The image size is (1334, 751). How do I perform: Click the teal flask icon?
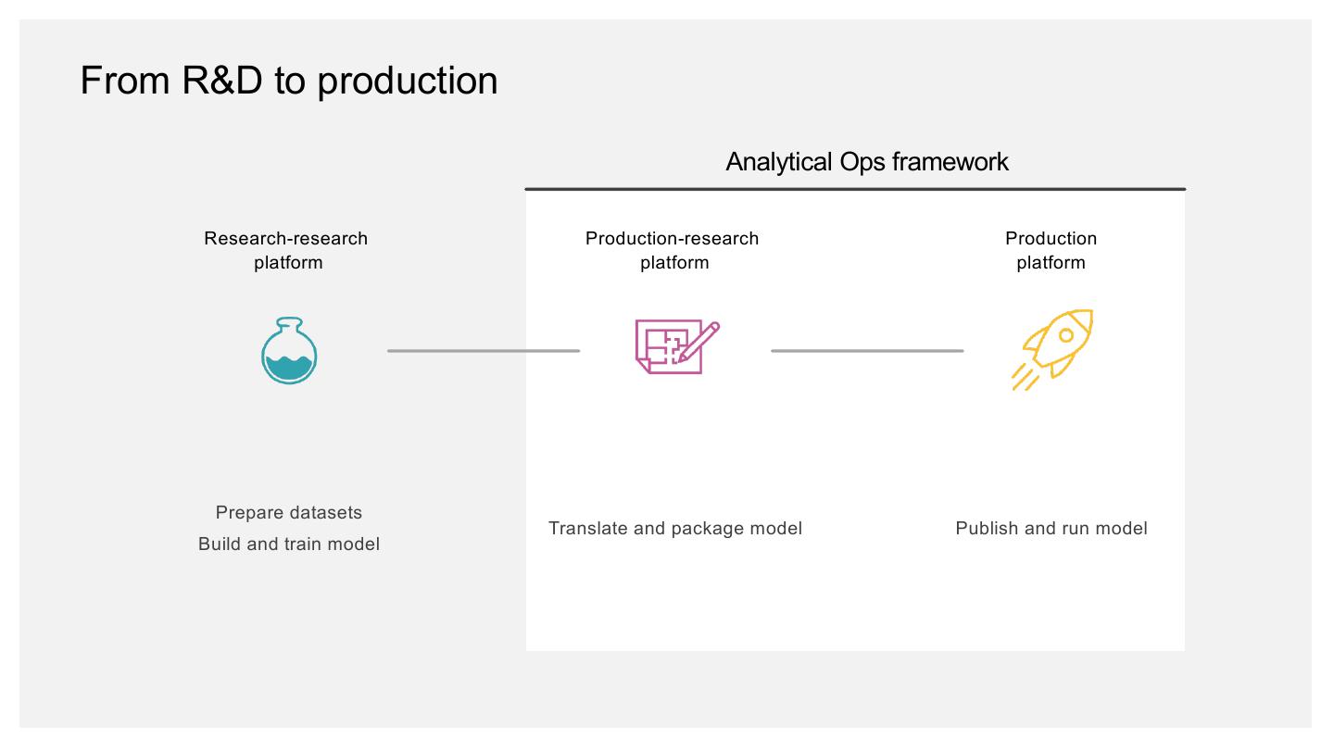click(x=289, y=351)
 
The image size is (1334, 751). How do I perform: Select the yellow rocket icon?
click(x=1052, y=349)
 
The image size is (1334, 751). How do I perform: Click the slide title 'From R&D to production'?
click(x=289, y=81)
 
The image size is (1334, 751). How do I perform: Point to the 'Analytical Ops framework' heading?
click(x=867, y=162)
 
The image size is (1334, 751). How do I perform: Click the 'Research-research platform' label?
click(x=286, y=250)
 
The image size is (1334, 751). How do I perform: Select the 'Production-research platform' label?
click(x=673, y=250)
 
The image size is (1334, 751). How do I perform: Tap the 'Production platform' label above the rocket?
click(x=1051, y=250)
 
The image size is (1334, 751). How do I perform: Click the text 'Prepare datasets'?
click(x=289, y=513)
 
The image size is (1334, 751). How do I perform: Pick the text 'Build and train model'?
click(x=289, y=544)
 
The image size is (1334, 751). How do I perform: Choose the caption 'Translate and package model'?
click(x=675, y=529)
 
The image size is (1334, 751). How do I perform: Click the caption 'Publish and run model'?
click(x=1051, y=529)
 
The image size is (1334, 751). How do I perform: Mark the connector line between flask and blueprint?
click(x=484, y=351)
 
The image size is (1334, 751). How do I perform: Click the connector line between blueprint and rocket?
click(x=867, y=351)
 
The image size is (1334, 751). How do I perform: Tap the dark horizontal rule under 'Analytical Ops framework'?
click(x=855, y=189)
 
